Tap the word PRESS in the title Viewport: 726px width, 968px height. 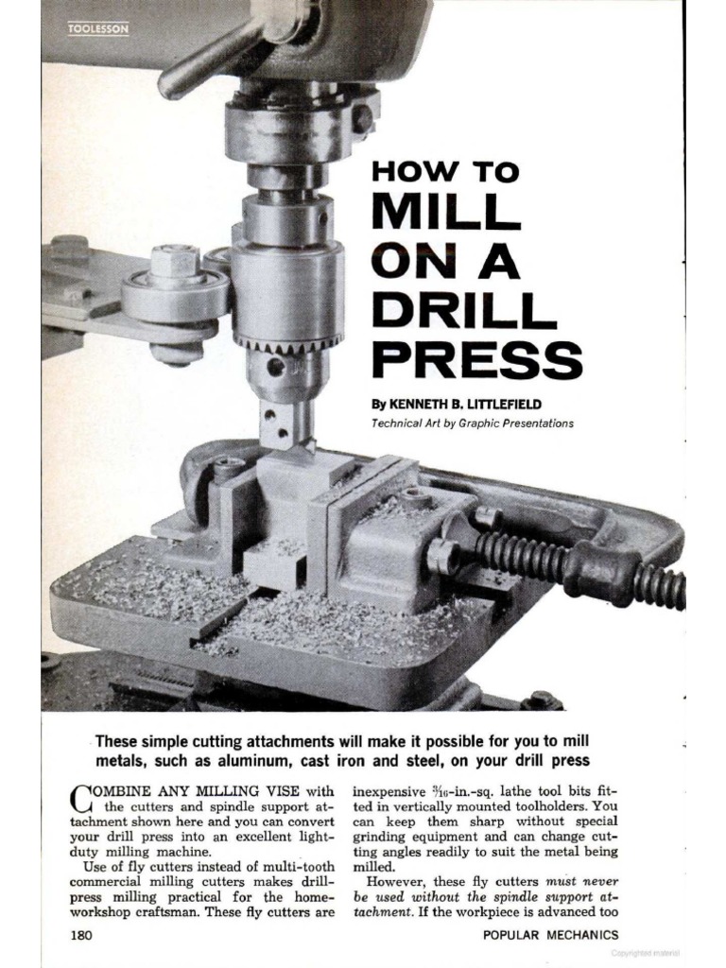click(477, 360)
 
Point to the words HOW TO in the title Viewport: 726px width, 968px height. click(445, 171)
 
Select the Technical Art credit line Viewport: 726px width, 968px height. click(473, 423)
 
